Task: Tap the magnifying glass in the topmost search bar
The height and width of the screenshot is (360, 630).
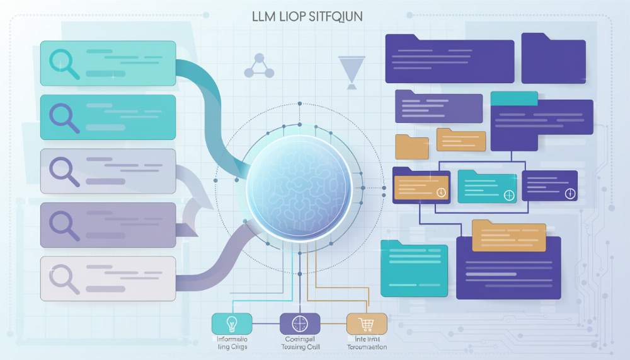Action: [x=64, y=63]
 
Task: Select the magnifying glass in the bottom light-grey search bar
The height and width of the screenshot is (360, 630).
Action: [x=64, y=278]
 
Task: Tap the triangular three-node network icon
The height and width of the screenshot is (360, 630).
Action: [x=258, y=66]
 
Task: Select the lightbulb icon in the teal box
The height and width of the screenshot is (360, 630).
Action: [x=232, y=324]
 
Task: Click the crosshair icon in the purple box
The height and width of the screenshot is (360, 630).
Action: [x=298, y=324]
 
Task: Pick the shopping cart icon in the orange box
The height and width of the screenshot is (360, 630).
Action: [x=365, y=324]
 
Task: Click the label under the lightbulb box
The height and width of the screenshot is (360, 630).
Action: [x=231, y=343]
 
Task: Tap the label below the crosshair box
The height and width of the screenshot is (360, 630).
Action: [x=298, y=343]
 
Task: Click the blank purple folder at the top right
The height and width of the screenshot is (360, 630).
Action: [x=554, y=57]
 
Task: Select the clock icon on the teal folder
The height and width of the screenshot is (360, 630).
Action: [x=509, y=195]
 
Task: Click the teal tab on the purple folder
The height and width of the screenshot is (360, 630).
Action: [x=513, y=99]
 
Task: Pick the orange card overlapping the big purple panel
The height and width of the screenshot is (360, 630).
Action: [x=508, y=236]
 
